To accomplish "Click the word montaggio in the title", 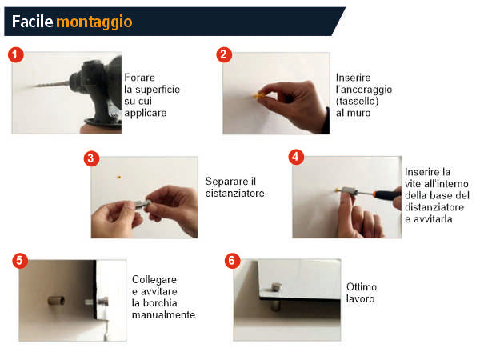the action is [94, 22].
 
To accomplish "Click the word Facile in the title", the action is [33, 22].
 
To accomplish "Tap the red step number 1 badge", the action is [16, 54].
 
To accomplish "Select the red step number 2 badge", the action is [224, 54].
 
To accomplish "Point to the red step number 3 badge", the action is [91, 158].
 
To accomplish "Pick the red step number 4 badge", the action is [296, 157].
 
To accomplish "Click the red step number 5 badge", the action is [20, 261].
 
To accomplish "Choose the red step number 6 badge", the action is [232, 261].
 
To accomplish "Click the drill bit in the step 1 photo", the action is [50, 84].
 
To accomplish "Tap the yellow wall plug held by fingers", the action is [258, 95].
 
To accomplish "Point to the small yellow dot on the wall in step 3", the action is [119, 177].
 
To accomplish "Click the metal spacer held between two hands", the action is [142, 204].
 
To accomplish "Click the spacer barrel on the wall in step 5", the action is [56, 300].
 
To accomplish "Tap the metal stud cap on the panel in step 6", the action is [277, 287].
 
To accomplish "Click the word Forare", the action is [139, 78].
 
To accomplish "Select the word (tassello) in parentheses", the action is [357, 101].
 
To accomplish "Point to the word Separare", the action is [227, 182].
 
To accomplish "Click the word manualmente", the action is [163, 314].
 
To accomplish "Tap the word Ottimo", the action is [362, 287].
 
